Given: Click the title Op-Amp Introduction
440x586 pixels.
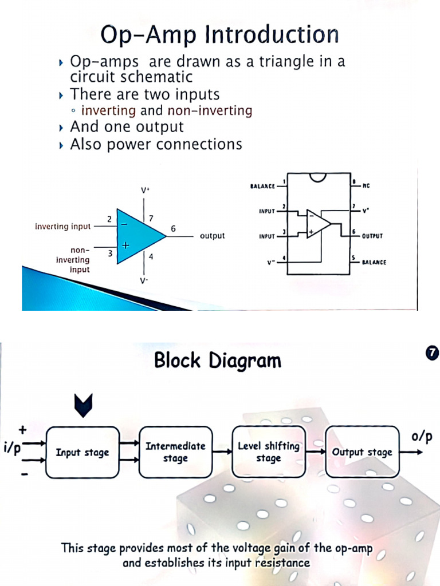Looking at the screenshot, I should (x=219, y=35).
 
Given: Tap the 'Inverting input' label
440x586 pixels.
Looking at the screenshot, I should (x=63, y=227).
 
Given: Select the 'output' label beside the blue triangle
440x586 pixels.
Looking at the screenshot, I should (x=212, y=236).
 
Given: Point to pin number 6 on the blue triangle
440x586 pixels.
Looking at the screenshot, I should (x=173, y=228).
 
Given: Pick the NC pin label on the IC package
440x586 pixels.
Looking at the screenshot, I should (x=366, y=186).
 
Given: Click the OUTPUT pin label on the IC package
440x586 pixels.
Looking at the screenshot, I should (x=372, y=236).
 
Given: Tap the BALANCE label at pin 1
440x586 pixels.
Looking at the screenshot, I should (x=263, y=186).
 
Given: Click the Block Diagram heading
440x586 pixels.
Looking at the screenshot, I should (x=218, y=361).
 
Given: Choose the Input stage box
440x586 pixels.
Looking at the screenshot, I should (x=82, y=452).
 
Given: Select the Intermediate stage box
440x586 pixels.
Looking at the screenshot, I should (x=175, y=452).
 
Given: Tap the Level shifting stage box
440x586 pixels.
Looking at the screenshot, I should (x=268, y=452).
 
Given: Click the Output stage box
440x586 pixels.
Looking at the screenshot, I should (x=362, y=452).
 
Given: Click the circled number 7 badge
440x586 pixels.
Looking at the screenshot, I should (x=433, y=353).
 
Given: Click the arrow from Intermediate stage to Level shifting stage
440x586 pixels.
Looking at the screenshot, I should (x=222, y=452).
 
